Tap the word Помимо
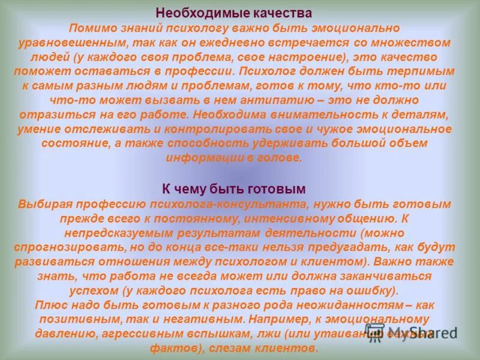[89, 29]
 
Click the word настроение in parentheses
[290, 57]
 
